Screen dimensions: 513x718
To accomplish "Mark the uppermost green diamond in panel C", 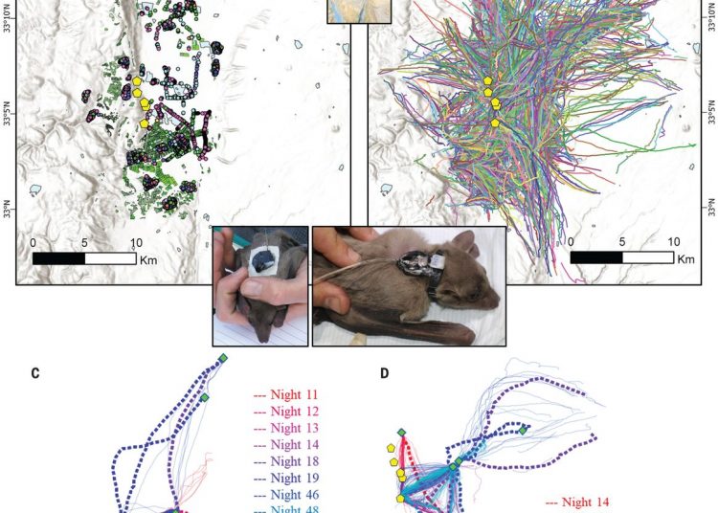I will coord(223,358).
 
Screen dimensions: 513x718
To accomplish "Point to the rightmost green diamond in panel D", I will coord(524,430).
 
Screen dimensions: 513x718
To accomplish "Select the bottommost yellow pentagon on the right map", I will coord(495,123).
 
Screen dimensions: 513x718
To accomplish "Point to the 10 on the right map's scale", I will coord(674,241).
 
